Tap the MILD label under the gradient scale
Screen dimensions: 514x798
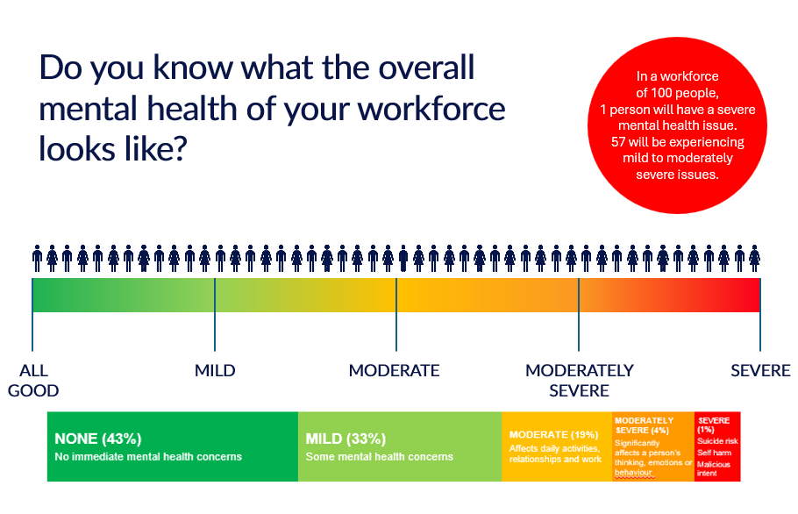215,370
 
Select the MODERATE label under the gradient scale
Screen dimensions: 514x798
394,370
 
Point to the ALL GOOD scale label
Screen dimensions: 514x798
33,380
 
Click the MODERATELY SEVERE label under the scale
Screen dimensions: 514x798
579,380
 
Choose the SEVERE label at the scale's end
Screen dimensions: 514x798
760,370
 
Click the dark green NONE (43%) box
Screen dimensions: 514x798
172,446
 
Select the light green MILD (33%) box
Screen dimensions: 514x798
399,446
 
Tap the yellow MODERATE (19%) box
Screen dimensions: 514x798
555,446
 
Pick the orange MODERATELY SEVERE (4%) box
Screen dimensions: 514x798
652,446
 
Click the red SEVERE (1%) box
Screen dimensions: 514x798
717,446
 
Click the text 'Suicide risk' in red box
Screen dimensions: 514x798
717,440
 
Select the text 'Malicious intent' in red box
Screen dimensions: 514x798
714,469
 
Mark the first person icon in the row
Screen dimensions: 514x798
38,258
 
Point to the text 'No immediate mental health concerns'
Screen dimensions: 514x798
148,457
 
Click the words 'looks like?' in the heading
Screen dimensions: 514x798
111,149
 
